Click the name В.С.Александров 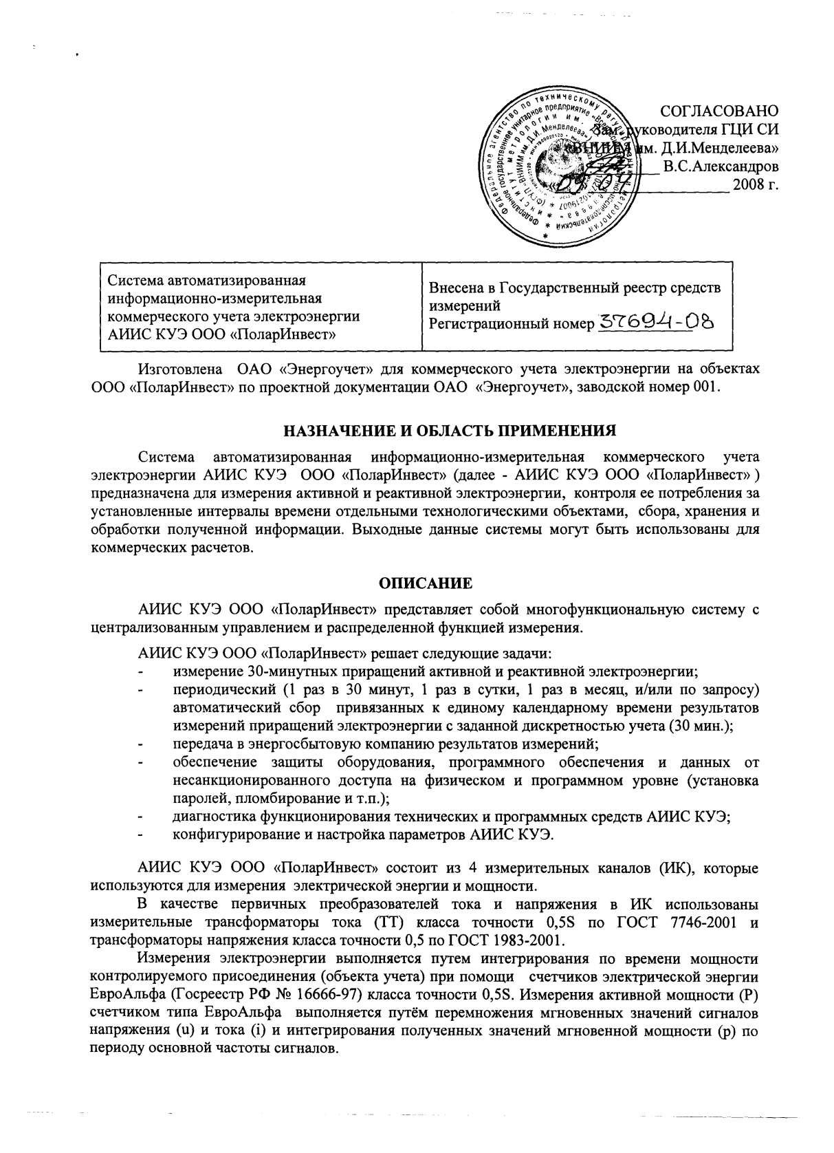click(x=721, y=166)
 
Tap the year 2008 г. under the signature click(x=756, y=185)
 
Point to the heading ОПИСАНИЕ click(x=426, y=584)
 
